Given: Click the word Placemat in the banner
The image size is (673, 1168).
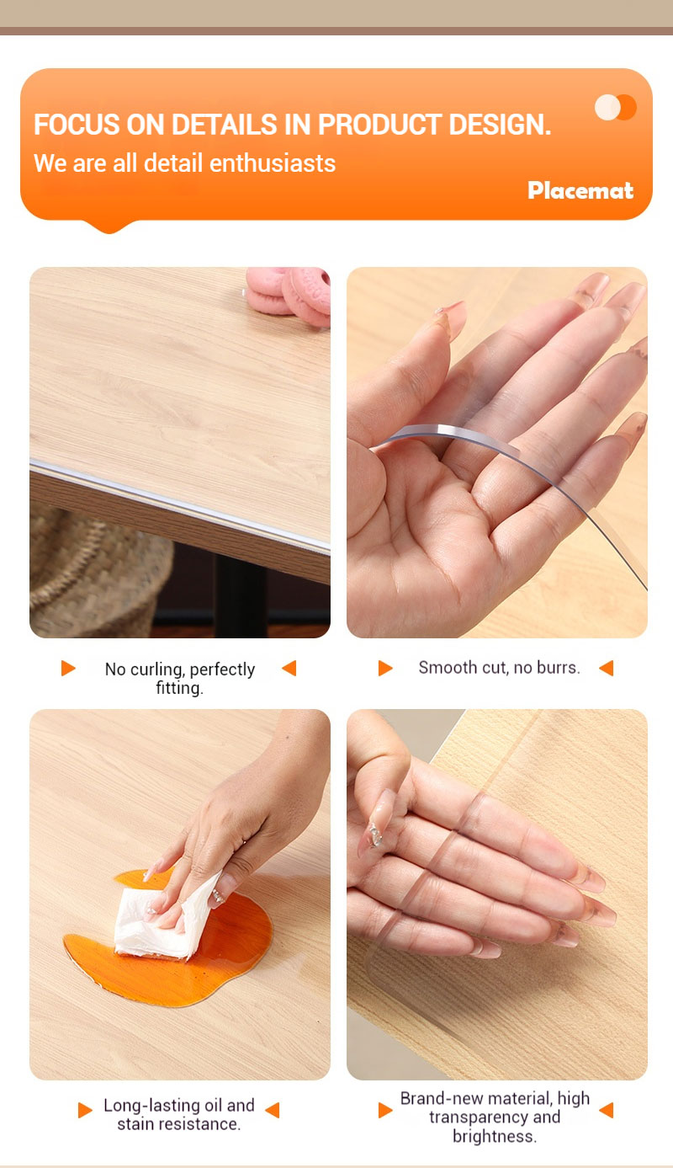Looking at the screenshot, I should point(580,190).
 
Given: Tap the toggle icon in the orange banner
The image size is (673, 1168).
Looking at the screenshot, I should point(616,107).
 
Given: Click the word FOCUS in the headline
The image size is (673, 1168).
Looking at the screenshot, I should point(77,125).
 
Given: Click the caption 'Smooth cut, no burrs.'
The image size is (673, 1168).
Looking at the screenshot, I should point(499,668).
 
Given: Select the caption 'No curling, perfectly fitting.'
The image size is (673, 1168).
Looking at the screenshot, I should point(179,678).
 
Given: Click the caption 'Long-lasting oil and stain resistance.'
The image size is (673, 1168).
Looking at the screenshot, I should point(178,1114).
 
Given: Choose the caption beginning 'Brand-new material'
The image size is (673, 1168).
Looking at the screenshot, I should point(495,1117).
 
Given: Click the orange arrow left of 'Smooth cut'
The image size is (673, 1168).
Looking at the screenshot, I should point(385,668).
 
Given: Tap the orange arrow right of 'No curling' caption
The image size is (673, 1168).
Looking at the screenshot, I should point(289,668).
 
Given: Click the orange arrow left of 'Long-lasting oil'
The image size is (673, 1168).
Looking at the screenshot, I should point(85,1110).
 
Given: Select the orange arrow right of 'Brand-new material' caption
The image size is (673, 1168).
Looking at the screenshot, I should point(606,1110).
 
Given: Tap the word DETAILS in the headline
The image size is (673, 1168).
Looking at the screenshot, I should point(224,125).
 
